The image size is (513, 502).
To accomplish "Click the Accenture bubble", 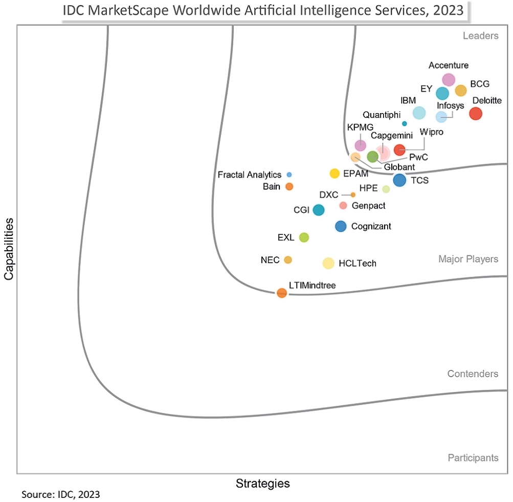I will coord(449,79).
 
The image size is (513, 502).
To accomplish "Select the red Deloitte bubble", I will coord(476,114).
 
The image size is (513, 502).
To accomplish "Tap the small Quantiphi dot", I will coord(405,123).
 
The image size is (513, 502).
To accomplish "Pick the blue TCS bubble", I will coord(399,180).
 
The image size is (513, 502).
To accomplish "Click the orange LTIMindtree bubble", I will coord(282,293).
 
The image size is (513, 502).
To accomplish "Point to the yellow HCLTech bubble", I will coord(328,263).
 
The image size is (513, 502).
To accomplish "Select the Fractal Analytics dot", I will coord(289,174).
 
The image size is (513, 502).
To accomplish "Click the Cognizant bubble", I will coord(341,226).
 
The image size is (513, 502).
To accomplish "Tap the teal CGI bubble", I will coord(318,210).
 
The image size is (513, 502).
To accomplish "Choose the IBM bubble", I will coord(419,113).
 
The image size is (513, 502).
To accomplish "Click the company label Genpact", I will coord(368,206).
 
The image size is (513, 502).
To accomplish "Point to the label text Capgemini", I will coord(392,136).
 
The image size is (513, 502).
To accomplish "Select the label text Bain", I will coord(272,186).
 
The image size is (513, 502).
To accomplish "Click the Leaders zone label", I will coord(480,36).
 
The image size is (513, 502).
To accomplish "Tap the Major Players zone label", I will coord(468,259).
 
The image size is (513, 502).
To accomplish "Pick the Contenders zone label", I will coord(473,374).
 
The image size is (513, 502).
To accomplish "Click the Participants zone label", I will coord(473,457).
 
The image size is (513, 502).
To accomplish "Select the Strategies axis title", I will coord(262,483).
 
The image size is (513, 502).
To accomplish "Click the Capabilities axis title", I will coord(9,249).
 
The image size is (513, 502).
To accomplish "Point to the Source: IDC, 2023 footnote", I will coord(61,495).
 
